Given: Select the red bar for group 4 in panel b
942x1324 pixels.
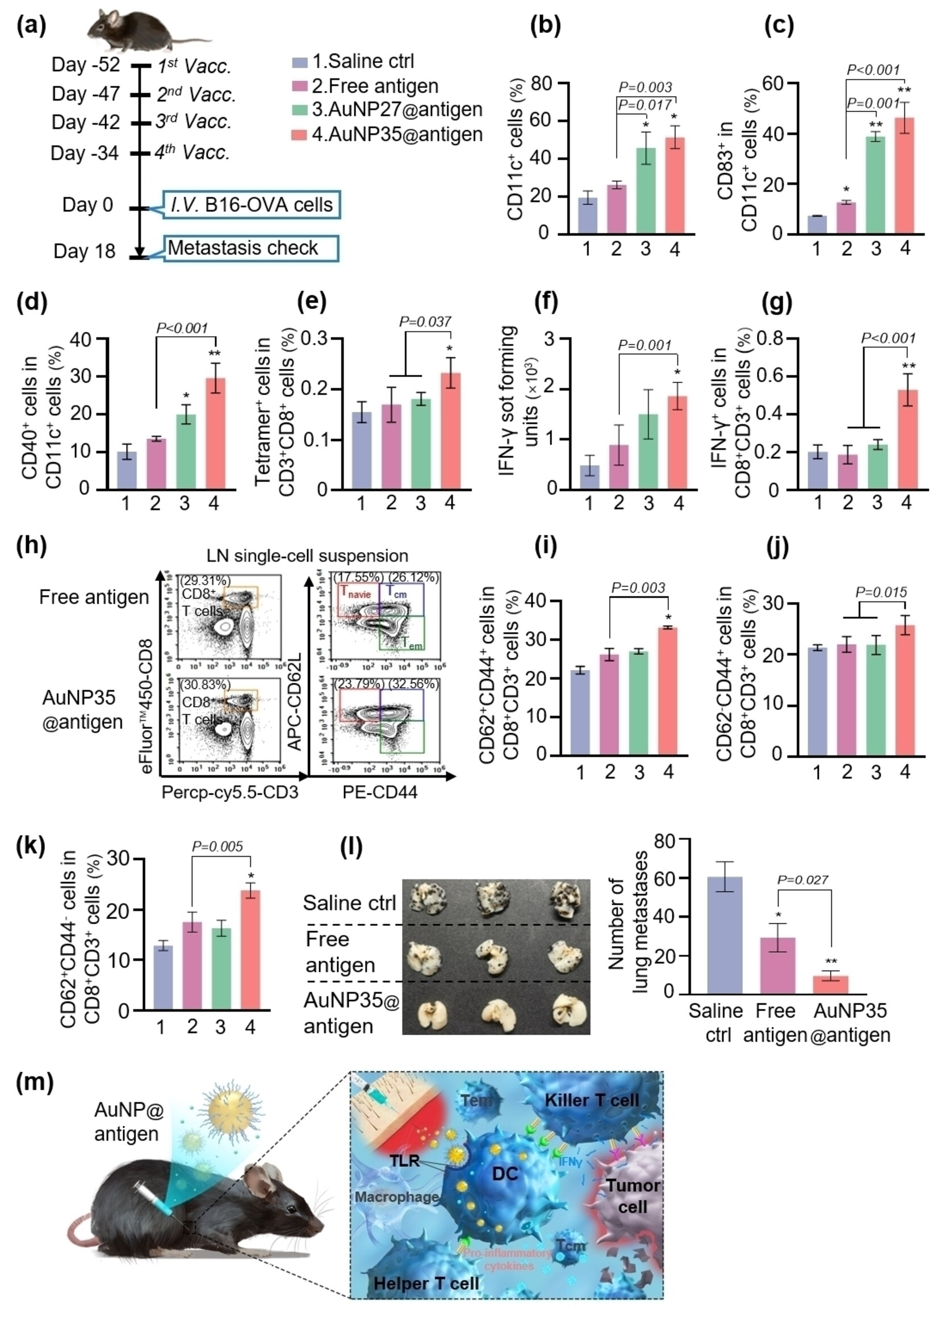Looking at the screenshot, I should [675, 186].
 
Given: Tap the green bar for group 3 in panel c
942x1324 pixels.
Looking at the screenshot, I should [876, 185].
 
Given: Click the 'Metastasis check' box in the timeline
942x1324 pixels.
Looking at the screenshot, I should [250, 248].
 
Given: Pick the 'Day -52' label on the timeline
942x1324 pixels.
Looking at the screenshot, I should [85, 65].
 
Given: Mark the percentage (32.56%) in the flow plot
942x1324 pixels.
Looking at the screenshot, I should [413, 684].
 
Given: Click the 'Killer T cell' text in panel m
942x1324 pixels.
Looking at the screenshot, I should [592, 1100].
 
